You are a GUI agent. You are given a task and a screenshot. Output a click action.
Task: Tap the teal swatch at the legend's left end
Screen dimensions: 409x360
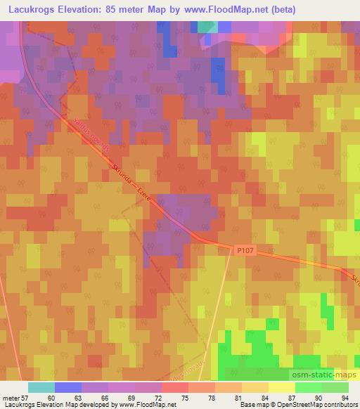pyautogui.click(x=41, y=387)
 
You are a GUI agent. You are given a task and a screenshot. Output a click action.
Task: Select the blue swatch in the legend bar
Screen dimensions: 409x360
pyautogui.click(x=67, y=387)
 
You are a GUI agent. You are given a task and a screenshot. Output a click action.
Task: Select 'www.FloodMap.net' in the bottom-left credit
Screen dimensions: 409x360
pyautogui.click(x=147, y=405)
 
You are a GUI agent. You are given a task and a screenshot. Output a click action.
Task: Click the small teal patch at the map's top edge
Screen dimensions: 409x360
pyautogui.click(x=207, y=27)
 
